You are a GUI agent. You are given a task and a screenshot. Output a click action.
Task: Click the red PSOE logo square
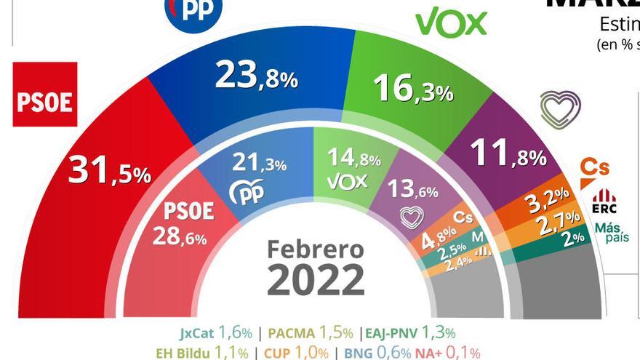(45, 95)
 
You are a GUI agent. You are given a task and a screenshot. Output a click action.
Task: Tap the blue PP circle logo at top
(193, 11)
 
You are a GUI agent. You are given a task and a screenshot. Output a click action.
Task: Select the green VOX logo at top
(451, 23)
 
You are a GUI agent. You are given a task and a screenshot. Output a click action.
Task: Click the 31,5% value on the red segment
(109, 172)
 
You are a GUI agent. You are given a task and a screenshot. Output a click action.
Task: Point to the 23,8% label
(256, 76)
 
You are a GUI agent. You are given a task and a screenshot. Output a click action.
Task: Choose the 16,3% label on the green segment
(412, 89)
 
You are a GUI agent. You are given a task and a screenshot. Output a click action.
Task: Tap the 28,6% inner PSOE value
(180, 236)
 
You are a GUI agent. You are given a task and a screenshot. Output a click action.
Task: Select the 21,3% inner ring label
(259, 163)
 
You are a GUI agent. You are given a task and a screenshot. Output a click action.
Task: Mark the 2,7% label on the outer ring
(559, 221)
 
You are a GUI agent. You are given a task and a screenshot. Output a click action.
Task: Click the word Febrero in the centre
(315, 249)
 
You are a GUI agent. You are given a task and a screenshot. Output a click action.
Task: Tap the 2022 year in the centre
(316, 280)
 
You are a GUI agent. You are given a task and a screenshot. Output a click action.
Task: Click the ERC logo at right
(604, 201)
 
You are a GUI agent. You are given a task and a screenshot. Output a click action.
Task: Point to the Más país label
(611, 233)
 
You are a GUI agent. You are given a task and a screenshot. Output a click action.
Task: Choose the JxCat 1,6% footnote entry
(216, 333)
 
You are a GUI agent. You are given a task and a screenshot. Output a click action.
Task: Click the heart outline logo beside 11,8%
(560, 110)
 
